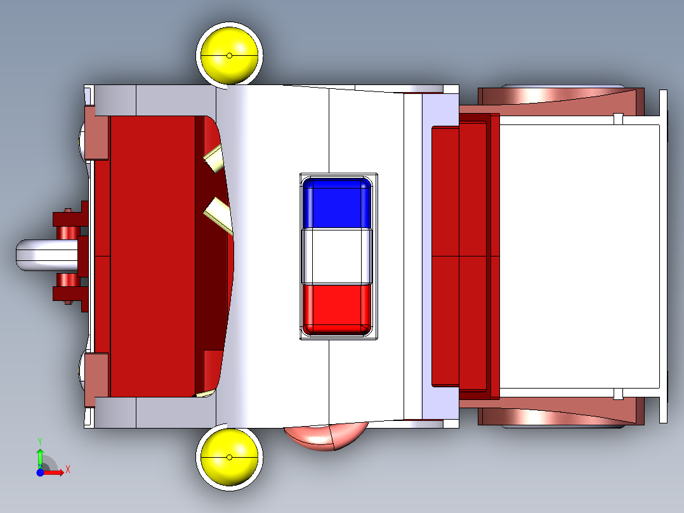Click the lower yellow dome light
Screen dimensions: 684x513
[x=229, y=457]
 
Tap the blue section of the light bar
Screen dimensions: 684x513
[x=336, y=203]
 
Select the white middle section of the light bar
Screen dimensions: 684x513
[x=336, y=256]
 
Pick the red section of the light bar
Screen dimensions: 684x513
[x=336, y=309]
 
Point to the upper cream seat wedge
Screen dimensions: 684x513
[x=214, y=158]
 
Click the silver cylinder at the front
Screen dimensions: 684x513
[x=47, y=255]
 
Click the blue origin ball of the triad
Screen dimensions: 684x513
[x=40, y=472]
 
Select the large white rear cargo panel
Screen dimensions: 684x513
[x=579, y=256]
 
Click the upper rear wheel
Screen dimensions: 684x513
[x=562, y=95]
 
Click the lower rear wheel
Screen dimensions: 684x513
[x=562, y=417]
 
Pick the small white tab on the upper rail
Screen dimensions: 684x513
[x=618, y=119]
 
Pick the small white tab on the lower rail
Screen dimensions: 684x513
[x=618, y=394]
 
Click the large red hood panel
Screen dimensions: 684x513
[x=152, y=256]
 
